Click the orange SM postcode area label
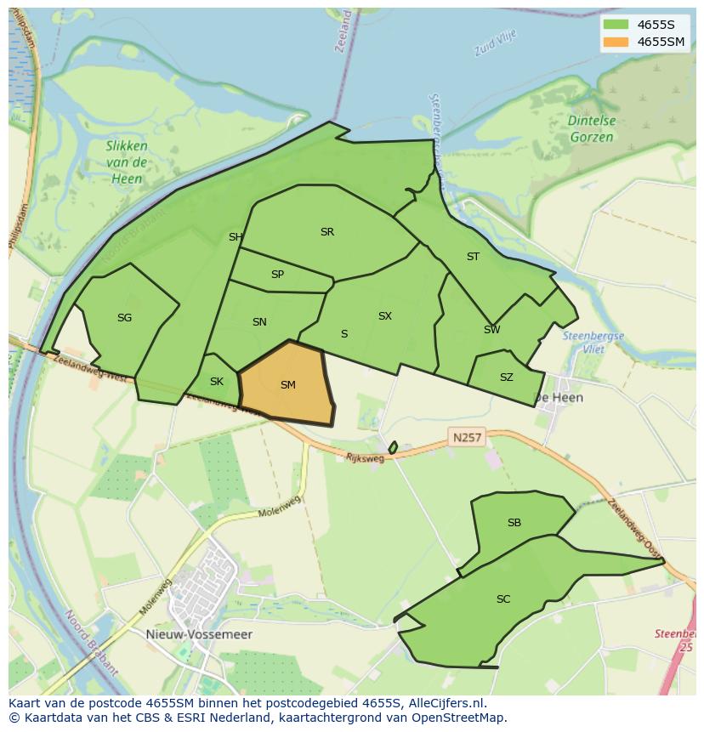[288, 385]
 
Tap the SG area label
[125, 318]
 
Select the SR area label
[327, 232]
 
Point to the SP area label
[277, 275]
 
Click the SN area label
[259, 321]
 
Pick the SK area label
[216, 381]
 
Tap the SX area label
[385, 316]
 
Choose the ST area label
[473, 256]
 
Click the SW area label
[491, 330]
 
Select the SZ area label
[506, 377]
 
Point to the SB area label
[514, 523]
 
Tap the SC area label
[503, 599]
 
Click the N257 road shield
[467, 438]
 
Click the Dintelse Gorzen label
[592, 128]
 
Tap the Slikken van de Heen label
[127, 162]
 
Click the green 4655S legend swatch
[616, 24]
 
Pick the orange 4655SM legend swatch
[616, 42]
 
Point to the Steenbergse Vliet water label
[593, 342]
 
